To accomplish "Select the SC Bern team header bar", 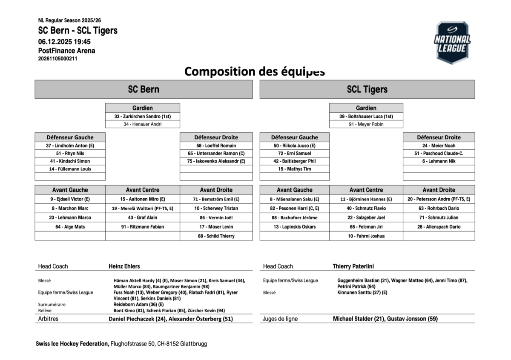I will click(144, 89).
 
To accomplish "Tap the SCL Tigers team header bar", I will click(367, 89).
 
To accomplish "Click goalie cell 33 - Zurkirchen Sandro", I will click(143, 116).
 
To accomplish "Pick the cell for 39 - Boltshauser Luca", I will click(366, 116).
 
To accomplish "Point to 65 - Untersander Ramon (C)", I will click(216, 153).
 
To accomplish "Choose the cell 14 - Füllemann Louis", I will click(70, 169).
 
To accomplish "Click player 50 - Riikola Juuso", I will click(294, 146).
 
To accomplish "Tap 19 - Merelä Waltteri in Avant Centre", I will click(143, 209).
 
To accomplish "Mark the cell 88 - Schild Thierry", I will click(216, 236).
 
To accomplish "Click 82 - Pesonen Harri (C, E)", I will click(294, 209).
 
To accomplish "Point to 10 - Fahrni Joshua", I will click(366, 236).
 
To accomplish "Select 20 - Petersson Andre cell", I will click(439, 199).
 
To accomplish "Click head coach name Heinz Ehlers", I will click(124, 266).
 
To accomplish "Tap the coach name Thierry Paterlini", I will click(353, 266).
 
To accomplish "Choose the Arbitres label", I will click(48, 319).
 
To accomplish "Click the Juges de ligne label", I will click(280, 319).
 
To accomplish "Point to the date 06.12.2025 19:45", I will click(64, 42).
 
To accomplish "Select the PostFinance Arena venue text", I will click(66, 51).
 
